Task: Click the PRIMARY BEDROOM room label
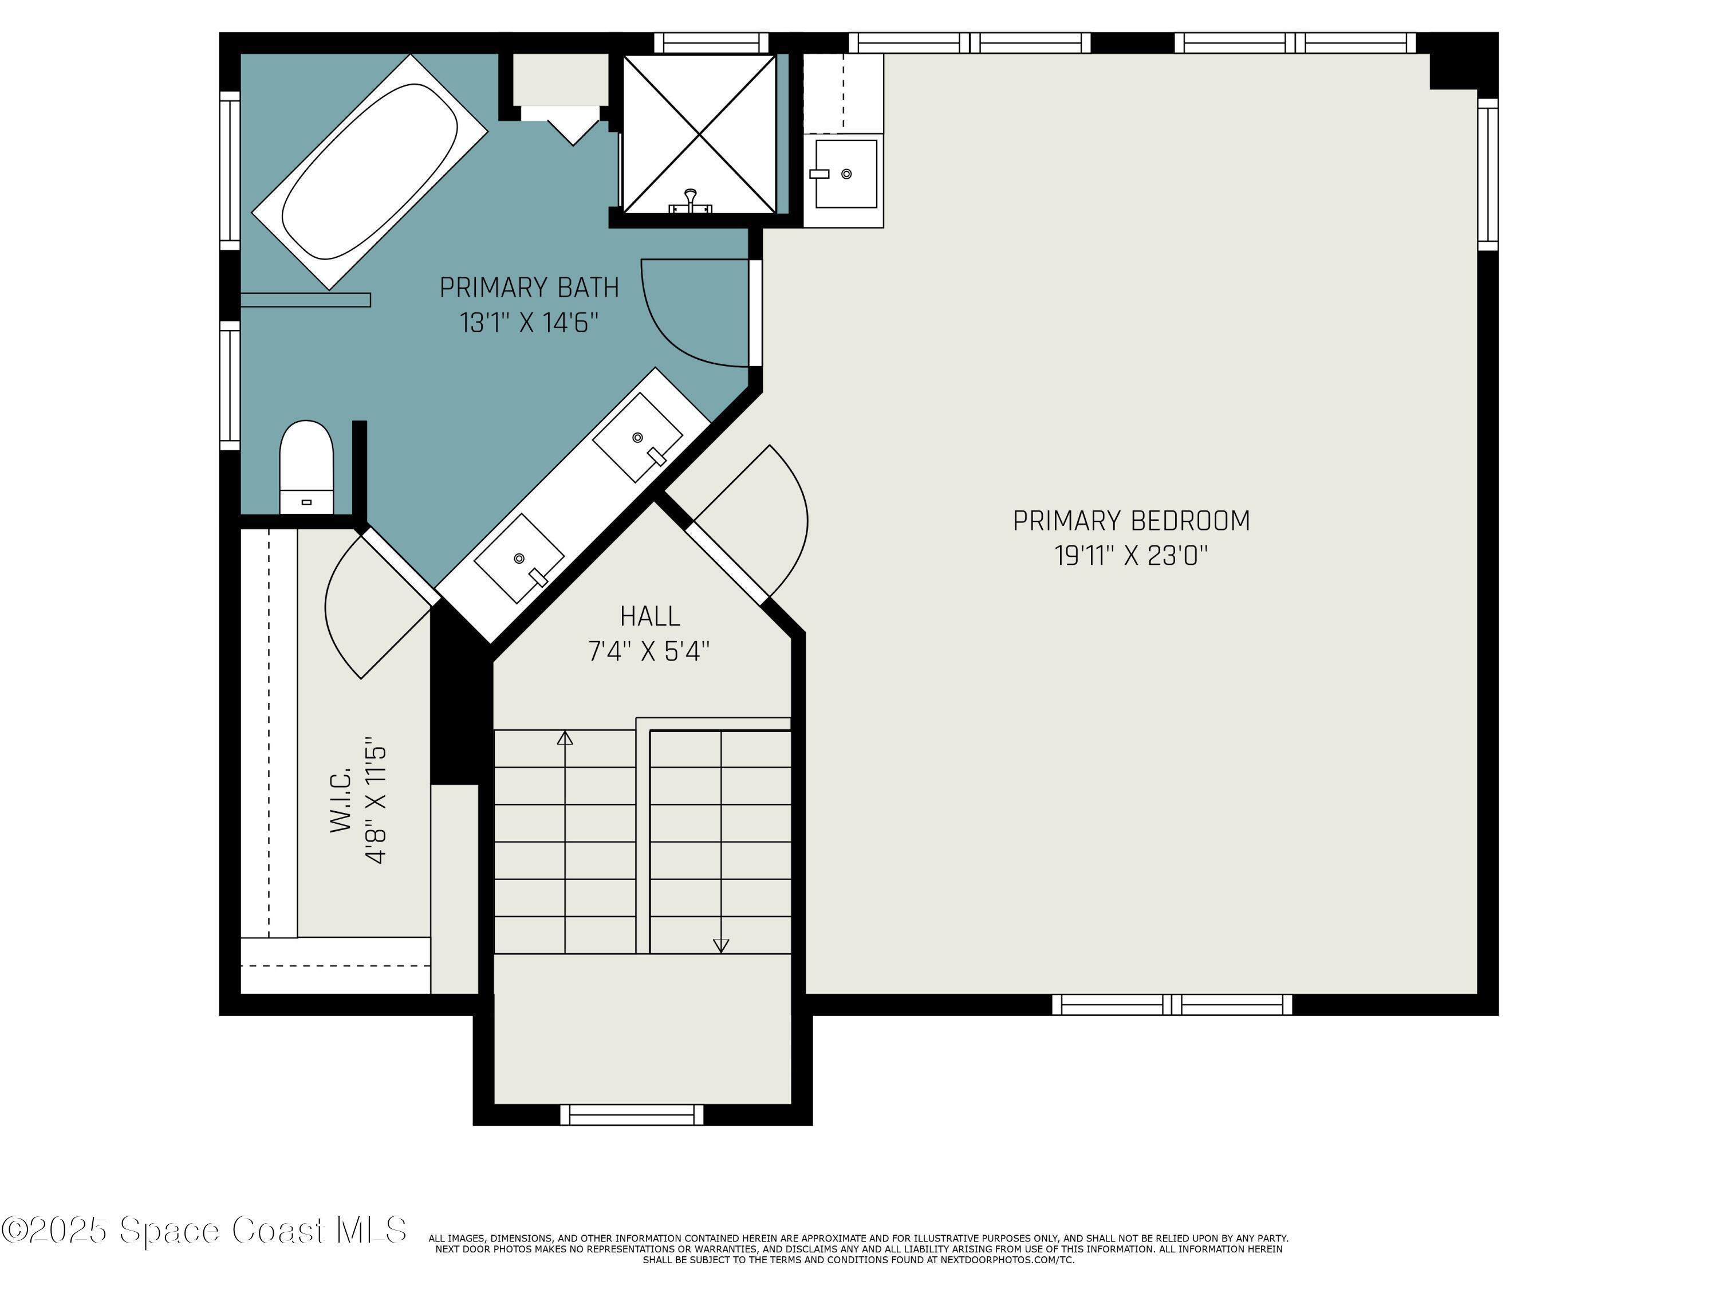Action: (x=1131, y=521)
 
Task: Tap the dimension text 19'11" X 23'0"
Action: (x=1131, y=556)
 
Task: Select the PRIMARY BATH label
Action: (x=529, y=288)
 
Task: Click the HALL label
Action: (x=650, y=616)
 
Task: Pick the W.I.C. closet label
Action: (x=342, y=800)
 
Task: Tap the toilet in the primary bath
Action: (x=306, y=466)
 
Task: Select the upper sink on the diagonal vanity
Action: (x=637, y=438)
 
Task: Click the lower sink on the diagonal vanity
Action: (x=519, y=558)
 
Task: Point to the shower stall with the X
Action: (x=700, y=133)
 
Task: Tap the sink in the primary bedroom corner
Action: (x=845, y=174)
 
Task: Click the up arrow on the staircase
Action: (x=565, y=738)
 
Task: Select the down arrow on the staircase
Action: (x=721, y=945)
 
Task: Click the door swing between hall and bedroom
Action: (x=765, y=521)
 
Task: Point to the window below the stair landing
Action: (x=632, y=1115)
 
